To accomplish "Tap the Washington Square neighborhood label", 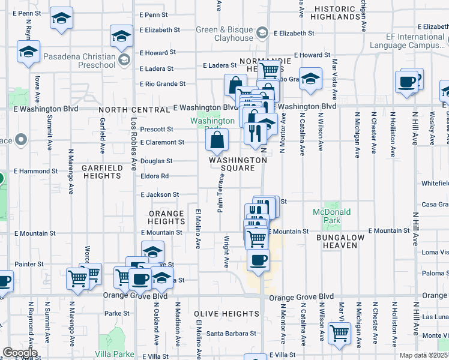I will coord(238,164).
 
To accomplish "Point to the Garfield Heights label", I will coord(101,172).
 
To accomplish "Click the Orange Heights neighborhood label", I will coord(166,218).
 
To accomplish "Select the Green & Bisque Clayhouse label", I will coord(224,34).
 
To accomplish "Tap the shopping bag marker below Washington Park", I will coord(217,141).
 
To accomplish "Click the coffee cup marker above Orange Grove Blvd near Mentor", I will coord(258,261).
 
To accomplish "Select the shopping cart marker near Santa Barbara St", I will coord(339,332).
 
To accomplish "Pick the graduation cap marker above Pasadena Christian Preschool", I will coord(122,37).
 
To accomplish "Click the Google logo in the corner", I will coord(19,353).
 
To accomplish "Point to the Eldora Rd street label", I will coord(154,176).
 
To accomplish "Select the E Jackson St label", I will coord(159,195).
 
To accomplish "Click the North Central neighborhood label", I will coord(134,110).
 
